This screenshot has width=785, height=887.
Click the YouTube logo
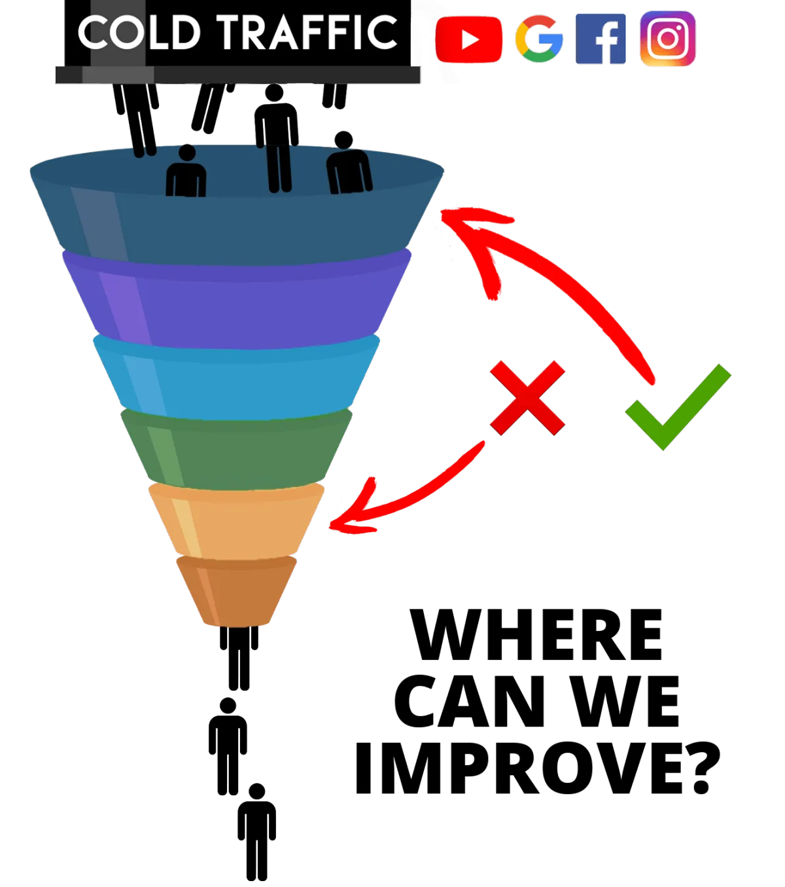point(468,39)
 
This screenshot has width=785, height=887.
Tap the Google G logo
point(539,39)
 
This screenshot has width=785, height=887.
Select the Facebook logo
point(601,39)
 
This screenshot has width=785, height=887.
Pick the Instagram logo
point(668,39)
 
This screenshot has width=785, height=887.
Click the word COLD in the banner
point(139,32)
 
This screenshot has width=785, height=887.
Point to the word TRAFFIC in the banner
point(307,32)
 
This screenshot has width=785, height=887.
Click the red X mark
point(527,397)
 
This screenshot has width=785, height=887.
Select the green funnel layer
point(236,450)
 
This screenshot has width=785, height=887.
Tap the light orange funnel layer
point(236,521)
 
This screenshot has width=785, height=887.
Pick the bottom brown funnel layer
point(236,591)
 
